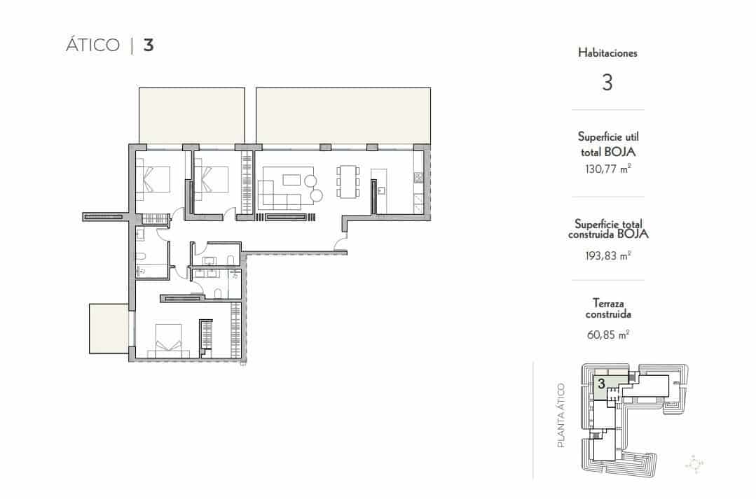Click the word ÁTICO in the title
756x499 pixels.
click(93, 45)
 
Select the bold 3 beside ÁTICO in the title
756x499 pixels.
click(149, 45)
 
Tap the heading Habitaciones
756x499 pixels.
click(607, 52)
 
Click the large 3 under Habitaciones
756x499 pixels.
click(607, 83)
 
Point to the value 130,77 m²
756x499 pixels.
click(607, 169)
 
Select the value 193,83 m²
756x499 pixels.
click(607, 255)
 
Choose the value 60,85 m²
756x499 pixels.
click(607, 335)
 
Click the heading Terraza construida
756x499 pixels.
click(607, 309)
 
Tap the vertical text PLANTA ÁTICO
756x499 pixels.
click(561, 415)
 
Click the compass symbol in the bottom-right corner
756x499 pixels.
click(694, 463)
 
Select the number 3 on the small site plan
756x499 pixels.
click(601, 384)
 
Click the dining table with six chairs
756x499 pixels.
click(348, 184)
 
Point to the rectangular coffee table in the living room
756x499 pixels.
click(291, 180)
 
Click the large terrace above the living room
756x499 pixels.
click(343, 115)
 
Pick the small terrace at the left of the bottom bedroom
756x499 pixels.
click(109, 329)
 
